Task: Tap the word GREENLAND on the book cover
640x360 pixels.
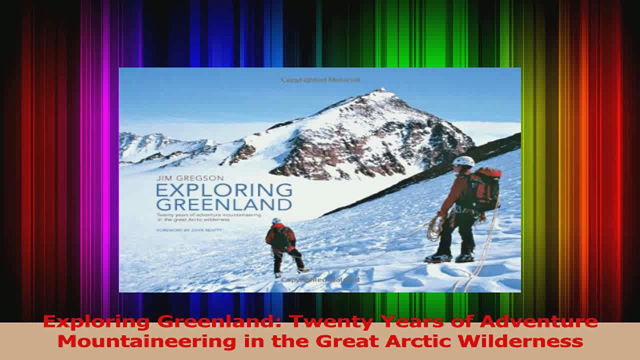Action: [x=223, y=204]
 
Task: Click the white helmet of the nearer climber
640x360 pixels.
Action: [x=463, y=161]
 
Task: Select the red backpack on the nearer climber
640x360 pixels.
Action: [x=484, y=188]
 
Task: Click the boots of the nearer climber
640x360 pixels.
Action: [x=449, y=258]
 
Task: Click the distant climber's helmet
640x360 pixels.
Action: [x=276, y=220]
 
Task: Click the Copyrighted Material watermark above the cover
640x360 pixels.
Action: [x=320, y=79]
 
